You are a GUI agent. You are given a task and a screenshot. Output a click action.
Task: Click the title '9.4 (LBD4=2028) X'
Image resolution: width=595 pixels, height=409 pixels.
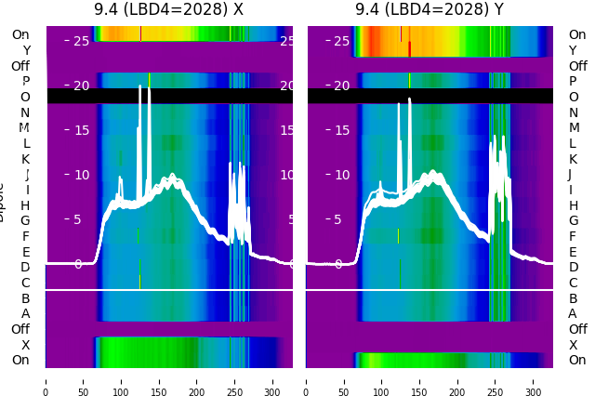168,9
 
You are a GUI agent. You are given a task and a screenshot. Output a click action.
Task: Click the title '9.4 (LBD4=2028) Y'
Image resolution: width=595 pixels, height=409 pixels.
429,9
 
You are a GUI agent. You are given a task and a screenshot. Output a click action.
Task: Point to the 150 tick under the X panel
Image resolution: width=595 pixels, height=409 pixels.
159,380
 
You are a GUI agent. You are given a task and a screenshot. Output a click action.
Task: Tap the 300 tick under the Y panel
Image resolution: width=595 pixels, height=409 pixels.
534,380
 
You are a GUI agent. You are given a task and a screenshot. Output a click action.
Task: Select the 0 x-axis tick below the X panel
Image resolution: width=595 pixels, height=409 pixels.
46,380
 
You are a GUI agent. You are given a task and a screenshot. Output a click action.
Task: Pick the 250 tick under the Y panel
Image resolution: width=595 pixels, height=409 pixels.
496,380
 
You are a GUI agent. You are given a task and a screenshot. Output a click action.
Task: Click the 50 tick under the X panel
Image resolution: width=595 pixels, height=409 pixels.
84,380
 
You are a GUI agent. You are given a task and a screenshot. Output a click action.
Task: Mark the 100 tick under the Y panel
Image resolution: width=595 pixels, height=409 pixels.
382,380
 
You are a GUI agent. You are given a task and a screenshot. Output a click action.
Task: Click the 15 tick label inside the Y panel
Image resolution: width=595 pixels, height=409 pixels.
316,130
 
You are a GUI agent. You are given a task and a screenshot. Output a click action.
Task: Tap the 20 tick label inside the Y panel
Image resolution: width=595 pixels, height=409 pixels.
316,86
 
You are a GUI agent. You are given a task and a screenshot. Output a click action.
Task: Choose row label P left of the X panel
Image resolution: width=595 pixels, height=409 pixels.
25,82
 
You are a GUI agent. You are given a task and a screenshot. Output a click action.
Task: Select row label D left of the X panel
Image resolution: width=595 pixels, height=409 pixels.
25,268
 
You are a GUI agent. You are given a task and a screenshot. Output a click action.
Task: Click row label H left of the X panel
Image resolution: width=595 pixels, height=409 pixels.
25,205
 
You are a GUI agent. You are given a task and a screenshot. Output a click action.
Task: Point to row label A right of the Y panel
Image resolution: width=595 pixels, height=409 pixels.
573,314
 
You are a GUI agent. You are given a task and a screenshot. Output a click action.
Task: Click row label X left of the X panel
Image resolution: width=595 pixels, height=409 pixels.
25,345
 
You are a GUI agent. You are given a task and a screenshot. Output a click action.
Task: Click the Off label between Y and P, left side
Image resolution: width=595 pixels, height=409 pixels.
20,66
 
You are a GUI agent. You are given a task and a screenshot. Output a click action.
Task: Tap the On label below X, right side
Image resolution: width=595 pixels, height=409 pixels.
577,361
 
